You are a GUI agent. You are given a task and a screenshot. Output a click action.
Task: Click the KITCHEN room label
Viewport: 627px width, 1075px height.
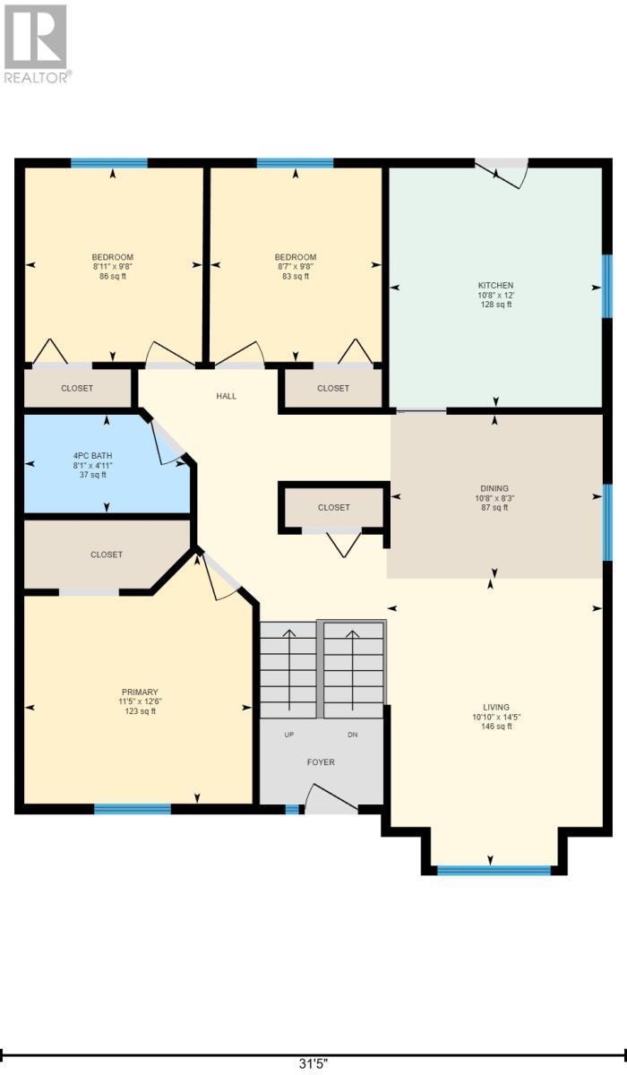click(495, 285)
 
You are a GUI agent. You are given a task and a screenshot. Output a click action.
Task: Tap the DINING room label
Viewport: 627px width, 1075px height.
click(494, 489)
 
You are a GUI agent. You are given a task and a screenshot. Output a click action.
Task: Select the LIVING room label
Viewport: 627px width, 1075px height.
click(495, 707)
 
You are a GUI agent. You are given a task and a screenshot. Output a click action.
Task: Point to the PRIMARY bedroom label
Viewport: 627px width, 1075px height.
click(140, 692)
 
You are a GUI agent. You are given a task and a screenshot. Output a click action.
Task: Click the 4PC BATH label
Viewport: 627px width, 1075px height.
click(91, 456)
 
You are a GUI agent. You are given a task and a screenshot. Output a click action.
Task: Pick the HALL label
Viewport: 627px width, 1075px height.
click(227, 396)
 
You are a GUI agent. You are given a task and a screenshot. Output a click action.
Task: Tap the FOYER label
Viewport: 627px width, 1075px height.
click(321, 762)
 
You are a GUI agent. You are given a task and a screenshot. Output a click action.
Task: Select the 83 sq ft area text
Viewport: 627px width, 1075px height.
click(295, 277)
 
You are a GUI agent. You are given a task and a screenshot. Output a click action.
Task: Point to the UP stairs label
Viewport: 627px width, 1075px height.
click(288, 734)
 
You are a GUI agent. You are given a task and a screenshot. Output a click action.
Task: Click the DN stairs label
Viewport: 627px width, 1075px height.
click(353, 734)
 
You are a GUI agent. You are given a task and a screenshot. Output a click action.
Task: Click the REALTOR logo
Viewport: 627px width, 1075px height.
click(36, 43)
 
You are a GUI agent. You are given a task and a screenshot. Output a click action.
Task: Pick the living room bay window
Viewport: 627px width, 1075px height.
click(493, 870)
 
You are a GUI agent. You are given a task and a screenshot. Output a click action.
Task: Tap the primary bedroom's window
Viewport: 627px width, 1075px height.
click(133, 809)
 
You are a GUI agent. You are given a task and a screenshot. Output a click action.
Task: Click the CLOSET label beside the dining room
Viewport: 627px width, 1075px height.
click(333, 507)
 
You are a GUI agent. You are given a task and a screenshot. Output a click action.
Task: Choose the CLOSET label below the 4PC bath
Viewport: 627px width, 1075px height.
click(107, 555)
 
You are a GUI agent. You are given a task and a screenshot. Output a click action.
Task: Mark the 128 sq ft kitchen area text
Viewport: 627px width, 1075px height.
click(495, 305)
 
